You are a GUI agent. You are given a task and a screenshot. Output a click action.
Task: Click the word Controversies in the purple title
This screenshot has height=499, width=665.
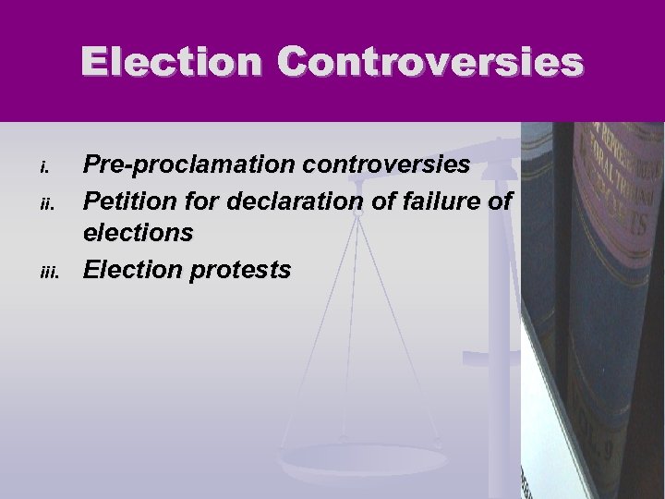click(x=429, y=63)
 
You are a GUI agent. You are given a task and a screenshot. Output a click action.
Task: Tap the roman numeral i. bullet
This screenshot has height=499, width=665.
click(x=42, y=167)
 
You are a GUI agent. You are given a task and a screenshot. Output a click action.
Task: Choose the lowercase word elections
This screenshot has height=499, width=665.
click(x=139, y=232)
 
